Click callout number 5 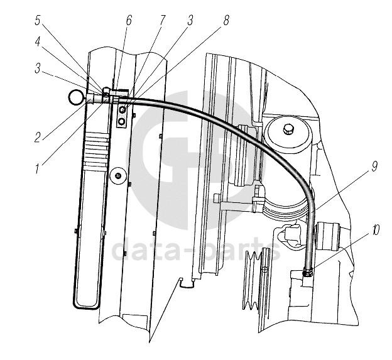coord(38,21)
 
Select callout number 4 coord(38,42)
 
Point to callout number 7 coord(162,21)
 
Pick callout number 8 coord(226,21)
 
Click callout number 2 coord(38,138)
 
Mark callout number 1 coord(37,169)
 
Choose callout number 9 coord(374,166)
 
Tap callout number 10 coord(375,230)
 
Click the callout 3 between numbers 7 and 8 coord(190,21)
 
